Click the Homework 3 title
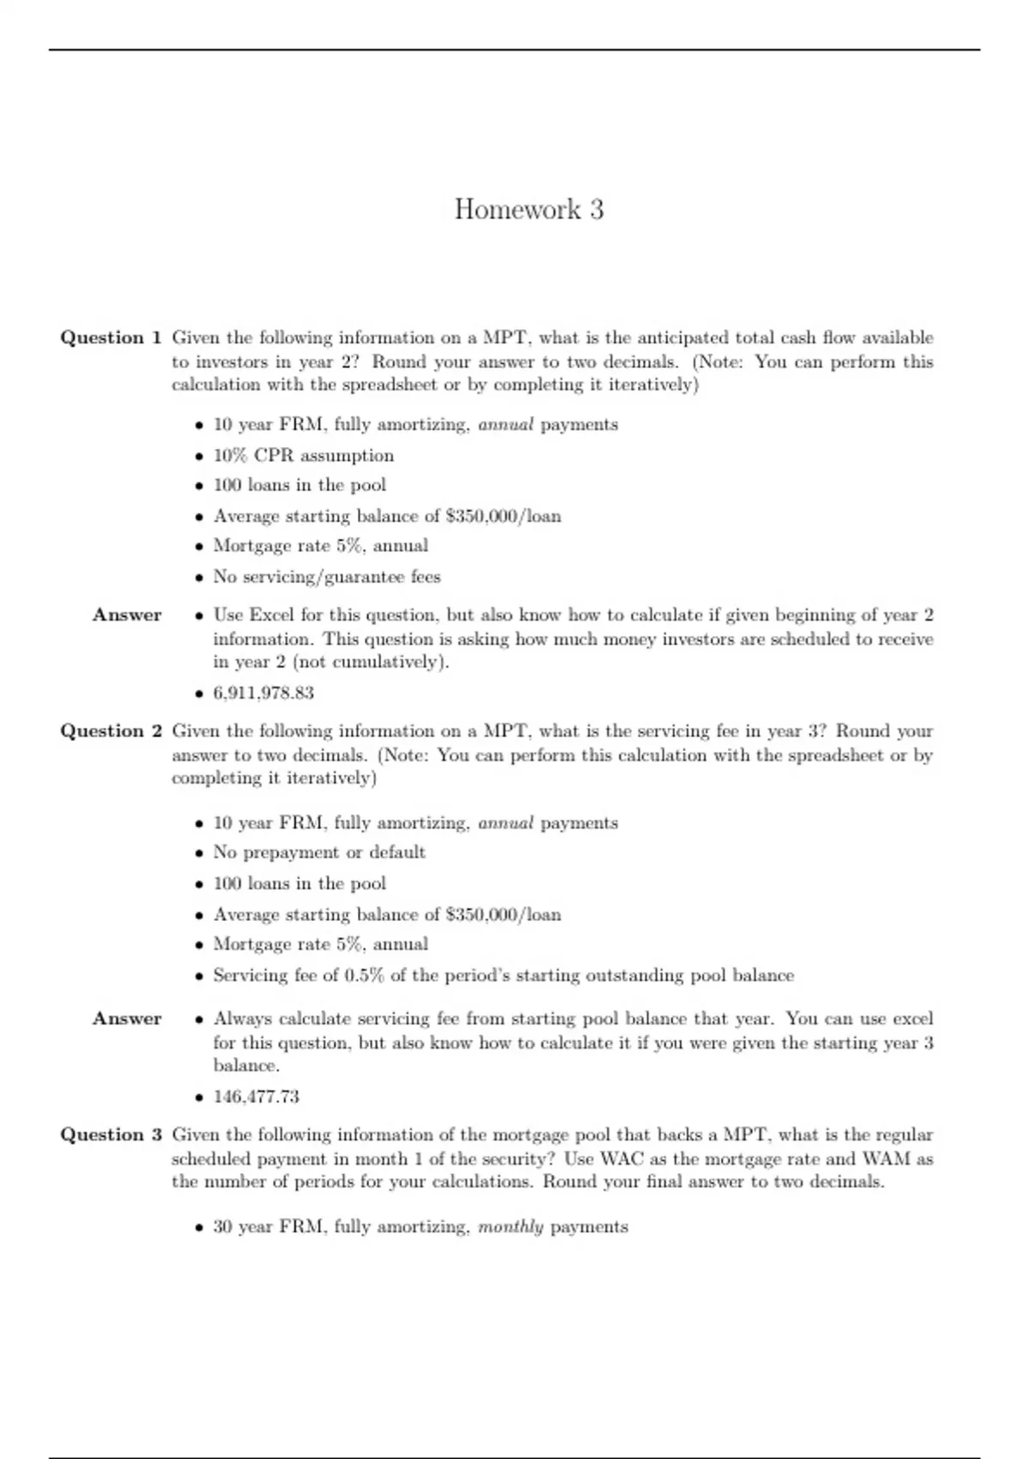click(529, 209)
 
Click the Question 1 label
click(111, 337)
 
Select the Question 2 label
click(111, 731)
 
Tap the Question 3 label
click(111, 1135)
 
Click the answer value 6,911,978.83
click(264, 693)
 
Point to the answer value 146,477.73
click(256, 1097)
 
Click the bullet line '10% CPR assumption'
click(303, 456)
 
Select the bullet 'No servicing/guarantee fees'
click(326, 577)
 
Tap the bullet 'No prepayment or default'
click(318, 852)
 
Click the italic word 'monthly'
click(511, 1227)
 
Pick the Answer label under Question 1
click(127, 615)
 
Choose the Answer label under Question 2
click(127, 1019)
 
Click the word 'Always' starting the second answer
click(243, 1019)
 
